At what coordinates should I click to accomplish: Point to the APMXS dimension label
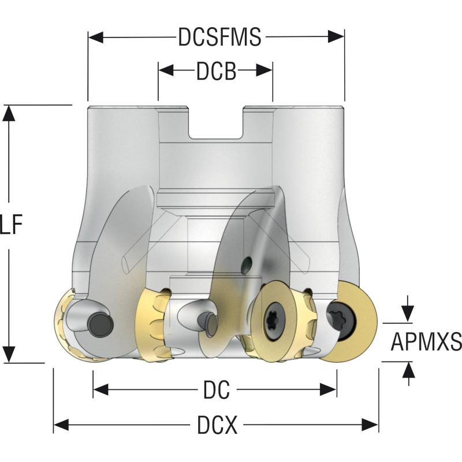pyautogui.click(x=426, y=342)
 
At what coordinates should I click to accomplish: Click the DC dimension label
pyautogui.click(x=217, y=391)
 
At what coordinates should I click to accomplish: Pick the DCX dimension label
pyautogui.click(x=217, y=426)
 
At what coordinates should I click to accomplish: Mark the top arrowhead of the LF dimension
pyautogui.click(x=9, y=113)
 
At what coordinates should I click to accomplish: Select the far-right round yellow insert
pyautogui.click(x=348, y=321)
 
